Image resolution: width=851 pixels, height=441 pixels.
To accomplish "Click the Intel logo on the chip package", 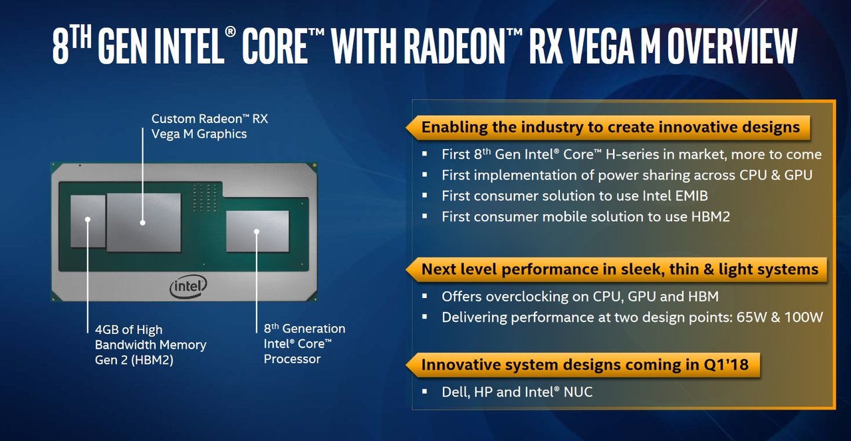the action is (188, 286).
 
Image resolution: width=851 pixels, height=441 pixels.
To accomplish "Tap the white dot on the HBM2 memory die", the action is (87, 220).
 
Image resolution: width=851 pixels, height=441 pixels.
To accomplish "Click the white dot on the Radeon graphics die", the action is (143, 223).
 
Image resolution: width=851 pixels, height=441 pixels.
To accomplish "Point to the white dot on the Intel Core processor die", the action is (257, 231).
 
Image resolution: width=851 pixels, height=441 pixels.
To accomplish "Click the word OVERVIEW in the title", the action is (732, 47).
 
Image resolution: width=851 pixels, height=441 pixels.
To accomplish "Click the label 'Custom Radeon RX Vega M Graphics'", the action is (209, 126).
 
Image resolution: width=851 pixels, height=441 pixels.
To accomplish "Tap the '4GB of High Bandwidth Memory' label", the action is (150, 345).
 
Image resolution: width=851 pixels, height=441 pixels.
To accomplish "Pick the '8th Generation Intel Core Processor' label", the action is (304, 343).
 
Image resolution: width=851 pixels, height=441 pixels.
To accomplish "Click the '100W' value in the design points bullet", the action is (804, 317).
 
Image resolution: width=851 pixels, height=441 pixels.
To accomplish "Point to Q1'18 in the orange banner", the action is (726, 365).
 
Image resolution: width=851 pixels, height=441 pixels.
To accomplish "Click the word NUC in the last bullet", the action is (578, 392).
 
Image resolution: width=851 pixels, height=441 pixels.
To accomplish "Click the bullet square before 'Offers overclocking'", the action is (425, 296).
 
